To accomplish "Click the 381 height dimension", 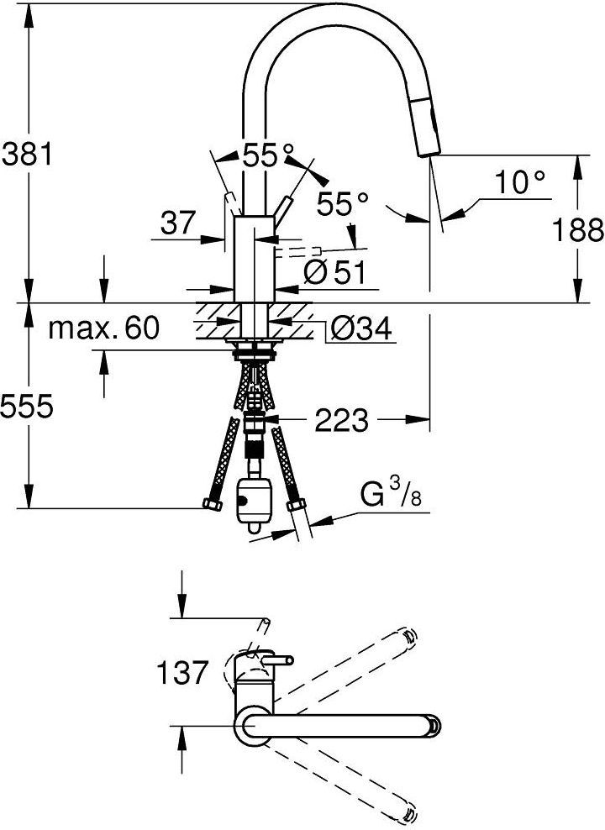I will click(27, 155).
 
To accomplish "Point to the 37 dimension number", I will click(177, 223).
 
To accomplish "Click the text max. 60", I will click(103, 328).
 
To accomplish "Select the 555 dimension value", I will click(27, 407).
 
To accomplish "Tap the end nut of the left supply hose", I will click(209, 505).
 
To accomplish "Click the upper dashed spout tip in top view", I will click(409, 636).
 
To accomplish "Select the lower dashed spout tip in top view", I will click(410, 812).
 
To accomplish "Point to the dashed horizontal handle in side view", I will click(299, 250).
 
